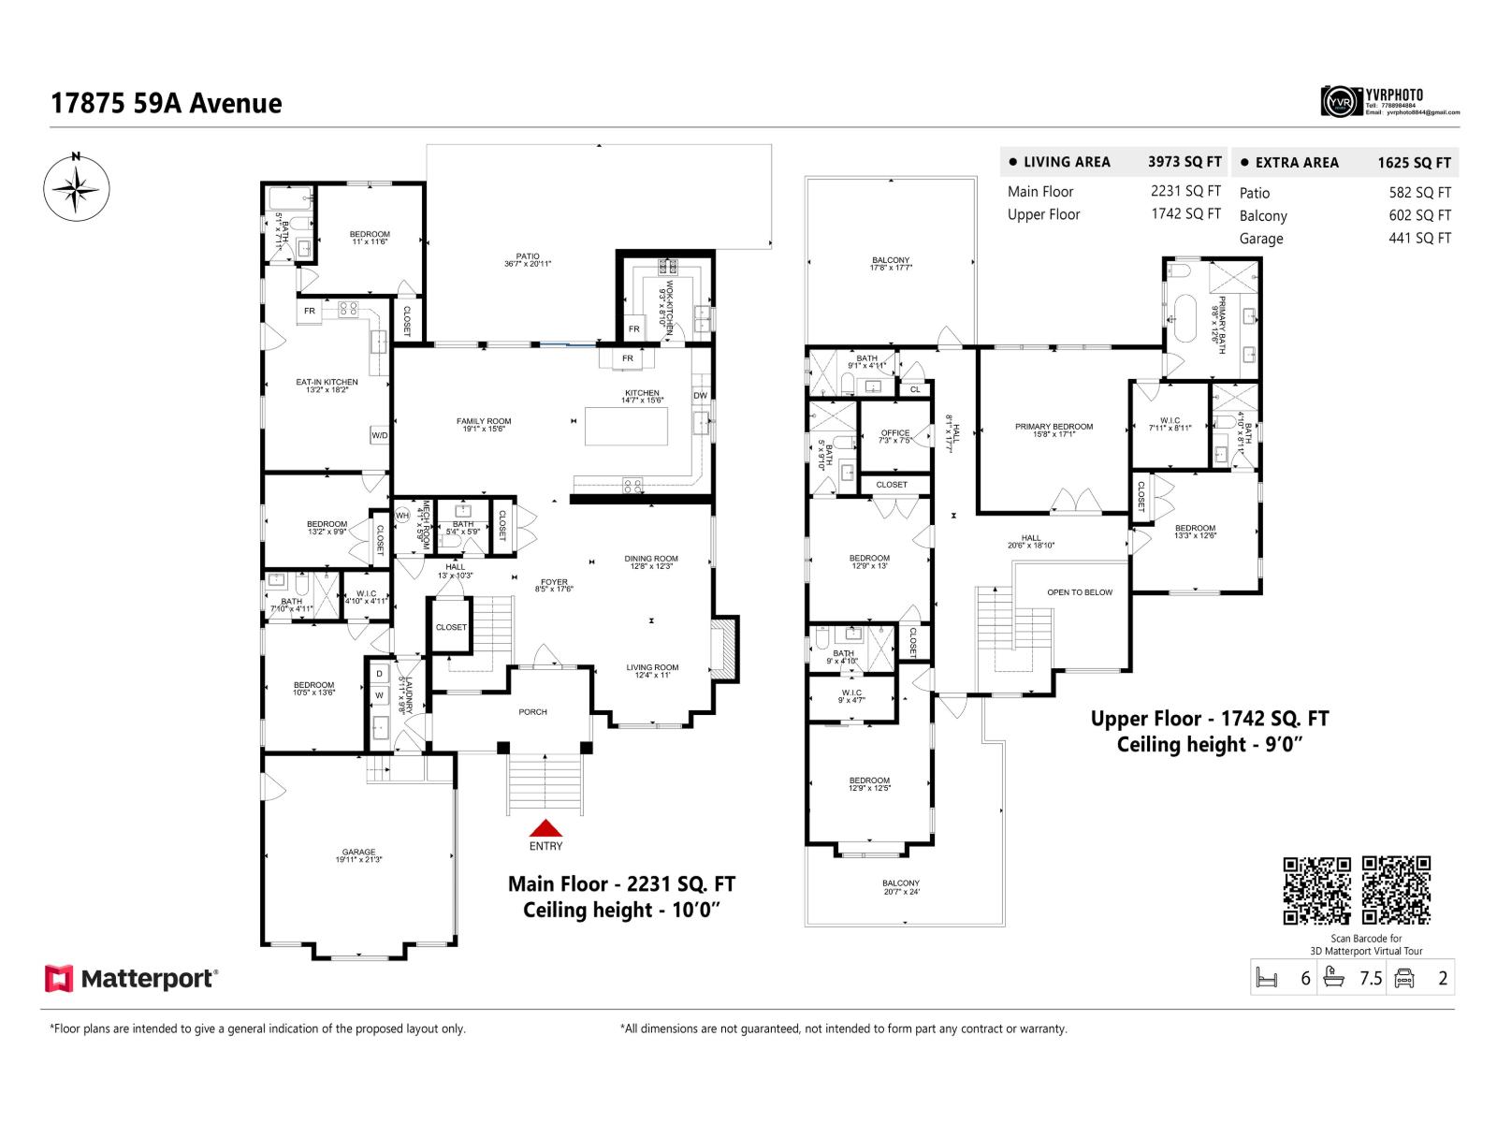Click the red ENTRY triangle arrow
tap(545, 828)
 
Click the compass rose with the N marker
tap(76, 188)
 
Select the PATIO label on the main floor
tap(528, 259)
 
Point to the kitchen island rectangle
tap(627, 426)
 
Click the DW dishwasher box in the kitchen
tap(700, 396)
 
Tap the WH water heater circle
tap(402, 515)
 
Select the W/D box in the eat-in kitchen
tap(379, 435)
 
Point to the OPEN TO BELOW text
tap(1080, 592)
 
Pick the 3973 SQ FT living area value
tap(1185, 162)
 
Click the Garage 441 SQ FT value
tap(1419, 238)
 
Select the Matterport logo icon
tap(58, 979)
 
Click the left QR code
tap(1316, 890)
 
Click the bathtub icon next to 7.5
tap(1333, 978)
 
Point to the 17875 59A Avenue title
tap(167, 103)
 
